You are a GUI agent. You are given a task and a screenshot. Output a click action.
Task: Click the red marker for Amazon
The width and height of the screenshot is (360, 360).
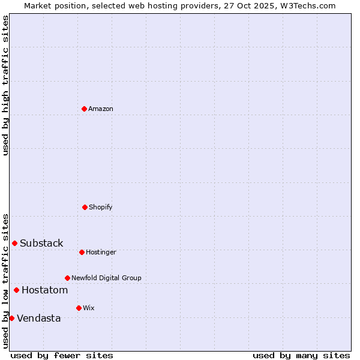pyautogui.click(x=85, y=109)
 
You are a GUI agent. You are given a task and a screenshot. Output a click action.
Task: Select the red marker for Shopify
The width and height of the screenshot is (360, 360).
pyautogui.click(x=85, y=207)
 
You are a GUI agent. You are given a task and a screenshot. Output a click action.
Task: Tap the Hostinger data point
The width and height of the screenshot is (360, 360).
pyautogui.click(x=82, y=252)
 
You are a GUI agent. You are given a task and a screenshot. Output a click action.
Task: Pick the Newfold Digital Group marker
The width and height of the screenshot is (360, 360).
pyautogui.click(x=67, y=278)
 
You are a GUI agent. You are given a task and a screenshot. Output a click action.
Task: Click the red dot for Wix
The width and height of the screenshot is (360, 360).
pyautogui.click(x=79, y=308)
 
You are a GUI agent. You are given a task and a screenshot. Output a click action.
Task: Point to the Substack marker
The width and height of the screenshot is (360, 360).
pyautogui.click(x=15, y=243)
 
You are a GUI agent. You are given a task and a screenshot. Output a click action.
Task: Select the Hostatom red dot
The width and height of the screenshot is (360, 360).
pyautogui.click(x=17, y=290)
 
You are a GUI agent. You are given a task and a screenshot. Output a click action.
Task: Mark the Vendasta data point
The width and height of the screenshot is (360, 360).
pyautogui.click(x=12, y=318)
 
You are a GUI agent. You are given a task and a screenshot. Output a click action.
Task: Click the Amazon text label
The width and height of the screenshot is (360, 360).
pyautogui.click(x=101, y=109)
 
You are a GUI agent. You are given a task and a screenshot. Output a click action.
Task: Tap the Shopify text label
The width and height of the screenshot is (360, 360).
pyautogui.click(x=101, y=207)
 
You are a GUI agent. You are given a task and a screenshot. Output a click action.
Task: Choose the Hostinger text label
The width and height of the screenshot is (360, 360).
pyautogui.click(x=101, y=252)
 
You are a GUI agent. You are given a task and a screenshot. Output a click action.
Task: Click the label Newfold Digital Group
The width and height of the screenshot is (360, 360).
pyautogui.click(x=106, y=278)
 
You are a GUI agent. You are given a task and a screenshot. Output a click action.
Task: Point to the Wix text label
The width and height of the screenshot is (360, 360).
pyautogui.click(x=89, y=308)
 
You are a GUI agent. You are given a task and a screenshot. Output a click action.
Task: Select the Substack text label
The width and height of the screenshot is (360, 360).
pyautogui.click(x=41, y=243)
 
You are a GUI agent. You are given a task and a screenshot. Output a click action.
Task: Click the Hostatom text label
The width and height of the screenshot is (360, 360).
pyautogui.click(x=44, y=290)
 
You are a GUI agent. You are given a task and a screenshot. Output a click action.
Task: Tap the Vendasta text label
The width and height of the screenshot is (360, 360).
pyautogui.click(x=39, y=318)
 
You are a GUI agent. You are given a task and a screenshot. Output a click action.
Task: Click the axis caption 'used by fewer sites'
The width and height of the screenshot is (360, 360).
pyautogui.click(x=62, y=355)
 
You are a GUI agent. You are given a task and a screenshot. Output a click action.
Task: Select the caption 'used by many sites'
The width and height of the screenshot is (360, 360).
pyautogui.click(x=301, y=355)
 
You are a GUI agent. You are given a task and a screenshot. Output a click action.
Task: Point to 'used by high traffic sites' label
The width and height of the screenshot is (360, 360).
pyautogui.click(x=5, y=85)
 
